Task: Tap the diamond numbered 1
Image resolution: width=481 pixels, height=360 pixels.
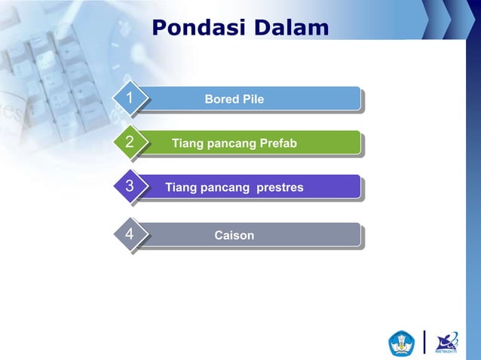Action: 130,99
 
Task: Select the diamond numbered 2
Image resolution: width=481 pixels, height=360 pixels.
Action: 130,143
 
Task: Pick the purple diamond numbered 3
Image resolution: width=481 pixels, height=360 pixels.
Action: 130,187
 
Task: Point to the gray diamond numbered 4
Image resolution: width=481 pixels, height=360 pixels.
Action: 130,235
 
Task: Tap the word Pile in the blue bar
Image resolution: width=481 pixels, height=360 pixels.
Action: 253,99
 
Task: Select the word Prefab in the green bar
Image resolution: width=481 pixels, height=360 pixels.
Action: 278,143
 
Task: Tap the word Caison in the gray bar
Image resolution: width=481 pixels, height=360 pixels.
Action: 234,236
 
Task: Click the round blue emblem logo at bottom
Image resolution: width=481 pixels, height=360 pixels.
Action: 401,343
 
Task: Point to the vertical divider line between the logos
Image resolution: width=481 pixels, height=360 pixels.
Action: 424,342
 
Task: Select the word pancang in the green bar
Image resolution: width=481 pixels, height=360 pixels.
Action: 230,143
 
